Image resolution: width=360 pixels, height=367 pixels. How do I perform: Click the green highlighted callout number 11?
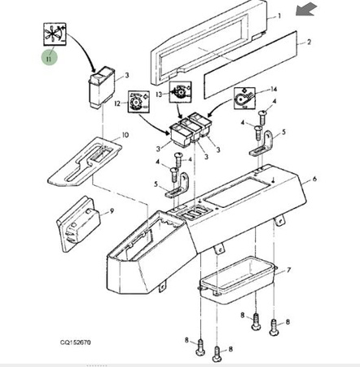pos(49,59)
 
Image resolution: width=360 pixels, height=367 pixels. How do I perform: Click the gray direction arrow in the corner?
pos(306,9)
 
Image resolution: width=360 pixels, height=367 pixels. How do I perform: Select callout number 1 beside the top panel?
pos(279,16)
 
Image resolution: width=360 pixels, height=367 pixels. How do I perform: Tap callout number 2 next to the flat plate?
pos(309,42)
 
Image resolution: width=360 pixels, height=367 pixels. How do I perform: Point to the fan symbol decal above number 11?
pos(55,34)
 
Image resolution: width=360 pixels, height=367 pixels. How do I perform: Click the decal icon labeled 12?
pos(138,102)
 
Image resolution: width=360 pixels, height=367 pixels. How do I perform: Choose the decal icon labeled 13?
pos(180,92)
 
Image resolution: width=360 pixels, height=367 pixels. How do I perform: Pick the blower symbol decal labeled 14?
pos(244,98)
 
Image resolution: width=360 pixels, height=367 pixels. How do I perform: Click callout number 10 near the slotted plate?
pos(125,135)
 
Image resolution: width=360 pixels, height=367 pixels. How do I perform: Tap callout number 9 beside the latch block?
pos(112,211)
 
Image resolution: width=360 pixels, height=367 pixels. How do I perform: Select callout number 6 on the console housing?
pos(314,179)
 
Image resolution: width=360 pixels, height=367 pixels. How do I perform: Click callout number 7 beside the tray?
pos(288,270)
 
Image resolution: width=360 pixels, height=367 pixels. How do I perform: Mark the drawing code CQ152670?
pos(76,342)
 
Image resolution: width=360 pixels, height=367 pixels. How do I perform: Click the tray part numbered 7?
pos(236,280)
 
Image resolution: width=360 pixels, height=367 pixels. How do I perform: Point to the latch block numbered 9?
pos(78,223)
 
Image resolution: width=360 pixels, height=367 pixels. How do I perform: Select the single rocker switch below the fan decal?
pos(102,86)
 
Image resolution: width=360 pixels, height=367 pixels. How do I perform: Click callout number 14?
pos(274,89)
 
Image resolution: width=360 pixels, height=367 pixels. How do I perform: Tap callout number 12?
pos(117,104)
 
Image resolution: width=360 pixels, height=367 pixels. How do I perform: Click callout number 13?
pos(159,95)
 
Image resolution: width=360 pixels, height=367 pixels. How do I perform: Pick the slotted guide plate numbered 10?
pos(85,161)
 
